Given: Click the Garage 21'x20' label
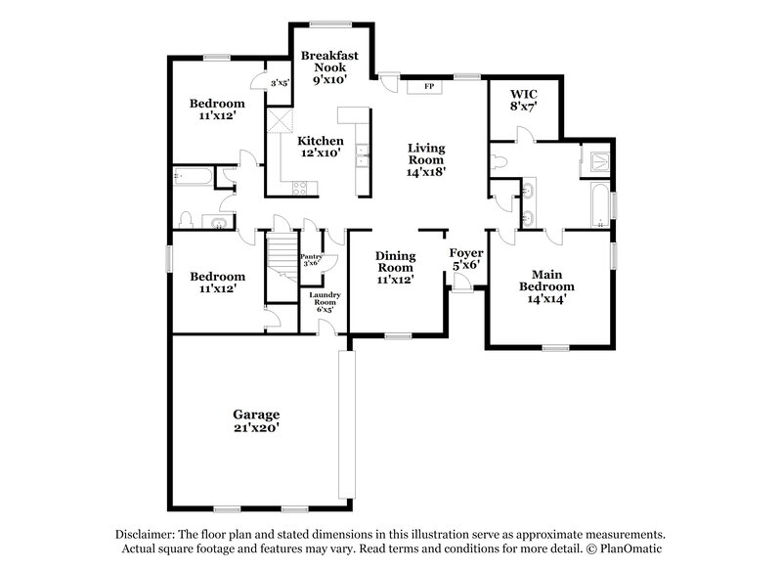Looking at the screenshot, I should tap(255, 420).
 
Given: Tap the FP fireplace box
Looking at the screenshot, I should tap(427, 87).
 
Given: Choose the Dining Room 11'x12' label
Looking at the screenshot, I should tap(396, 267).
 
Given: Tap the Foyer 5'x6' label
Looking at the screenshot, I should tap(465, 258).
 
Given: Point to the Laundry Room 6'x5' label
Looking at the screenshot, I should tap(324, 300).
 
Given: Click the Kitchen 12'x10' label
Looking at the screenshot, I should tap(321, 147).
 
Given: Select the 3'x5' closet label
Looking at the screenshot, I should tap(279, 83).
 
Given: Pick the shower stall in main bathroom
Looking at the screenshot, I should tap(595, 161).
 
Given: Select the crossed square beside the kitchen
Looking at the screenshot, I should tap(282, 121).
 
